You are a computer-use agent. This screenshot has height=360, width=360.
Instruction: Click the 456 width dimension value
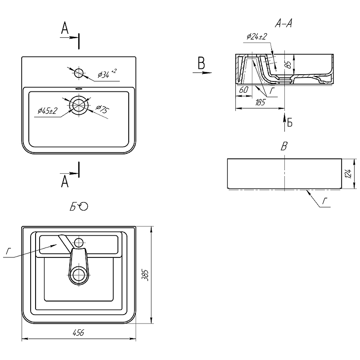[78, 333]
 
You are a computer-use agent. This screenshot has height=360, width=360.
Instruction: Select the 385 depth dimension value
[145, 275]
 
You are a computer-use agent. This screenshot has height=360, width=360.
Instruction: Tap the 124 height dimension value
[348, 174]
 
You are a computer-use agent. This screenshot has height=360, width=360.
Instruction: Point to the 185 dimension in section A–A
[260, 102]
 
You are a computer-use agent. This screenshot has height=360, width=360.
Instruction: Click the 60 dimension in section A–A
[243, 90]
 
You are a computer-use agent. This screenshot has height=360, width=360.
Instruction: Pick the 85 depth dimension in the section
[289, 64]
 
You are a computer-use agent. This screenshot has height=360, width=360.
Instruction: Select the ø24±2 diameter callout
[257, 36]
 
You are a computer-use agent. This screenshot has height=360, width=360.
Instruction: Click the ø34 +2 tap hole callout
[107, 73]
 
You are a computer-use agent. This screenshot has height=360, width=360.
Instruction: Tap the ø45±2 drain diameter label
[47, 111]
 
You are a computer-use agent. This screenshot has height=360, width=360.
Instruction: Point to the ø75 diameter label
[102, 109]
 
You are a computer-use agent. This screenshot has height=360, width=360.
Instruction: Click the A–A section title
[283, 23]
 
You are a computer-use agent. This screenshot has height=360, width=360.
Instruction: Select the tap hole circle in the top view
[79, 73]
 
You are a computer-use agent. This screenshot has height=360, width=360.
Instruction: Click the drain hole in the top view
[79, 105]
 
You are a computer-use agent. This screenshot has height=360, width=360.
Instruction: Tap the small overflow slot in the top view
[79, 88]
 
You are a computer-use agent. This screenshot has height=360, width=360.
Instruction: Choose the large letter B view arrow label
[201, 63]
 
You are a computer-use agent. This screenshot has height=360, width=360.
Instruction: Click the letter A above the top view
[65, 28]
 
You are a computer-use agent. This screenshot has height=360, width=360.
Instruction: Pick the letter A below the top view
[65, 181]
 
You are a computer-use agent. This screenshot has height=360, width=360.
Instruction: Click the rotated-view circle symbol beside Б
[84, 207]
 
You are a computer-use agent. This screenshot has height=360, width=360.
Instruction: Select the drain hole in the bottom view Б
[79, 274]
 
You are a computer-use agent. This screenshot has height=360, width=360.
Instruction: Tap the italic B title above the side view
[284, 146]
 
